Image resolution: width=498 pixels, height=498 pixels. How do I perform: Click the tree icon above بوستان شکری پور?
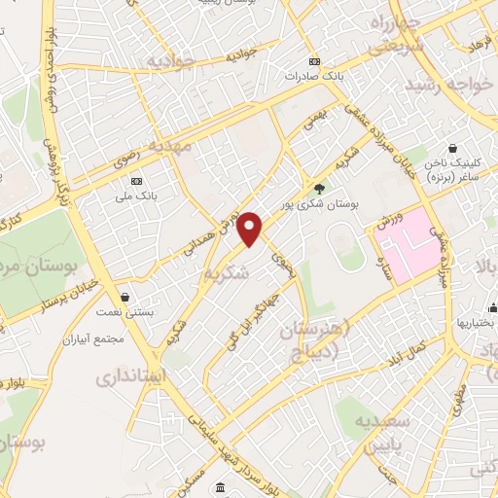point(319,189)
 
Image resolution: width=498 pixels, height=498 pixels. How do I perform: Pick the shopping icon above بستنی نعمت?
point(124,297)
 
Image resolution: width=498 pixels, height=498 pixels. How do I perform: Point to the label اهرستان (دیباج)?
point(309,339)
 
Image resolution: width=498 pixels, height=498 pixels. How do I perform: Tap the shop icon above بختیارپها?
point(483,302)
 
